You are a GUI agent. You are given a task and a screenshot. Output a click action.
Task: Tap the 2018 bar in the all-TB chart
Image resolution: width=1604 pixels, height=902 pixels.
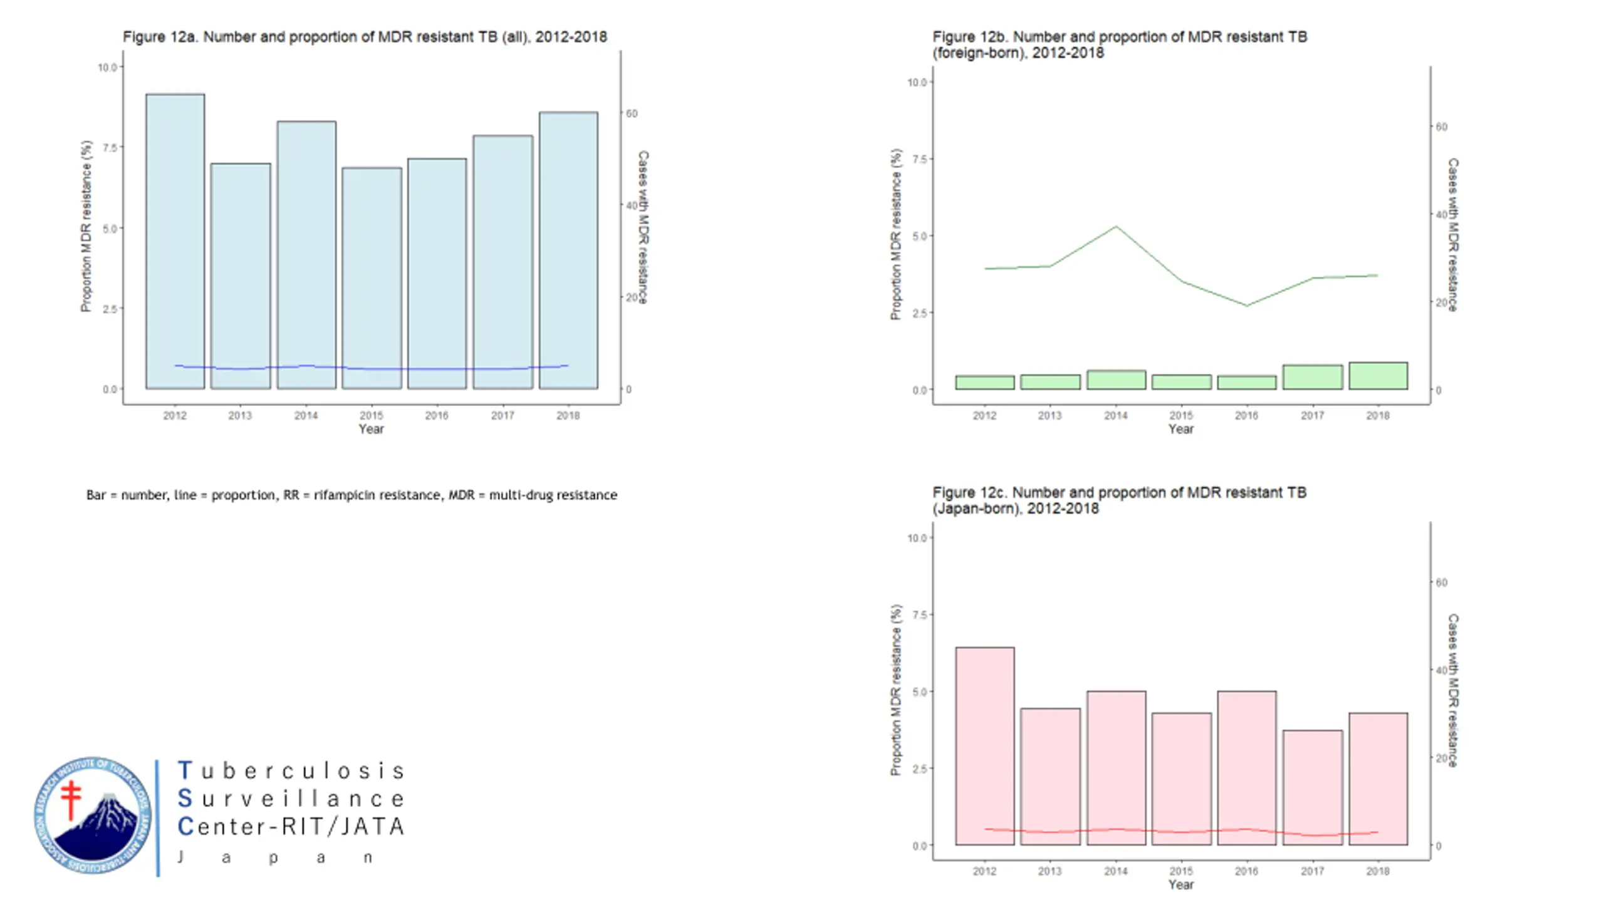568,251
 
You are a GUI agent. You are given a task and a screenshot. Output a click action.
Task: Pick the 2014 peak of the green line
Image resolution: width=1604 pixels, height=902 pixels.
1116,227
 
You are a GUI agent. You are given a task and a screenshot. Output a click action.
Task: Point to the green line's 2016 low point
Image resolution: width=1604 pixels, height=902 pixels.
1246,306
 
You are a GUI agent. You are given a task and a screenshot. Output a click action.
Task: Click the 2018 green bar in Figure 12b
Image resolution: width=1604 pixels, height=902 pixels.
1378,376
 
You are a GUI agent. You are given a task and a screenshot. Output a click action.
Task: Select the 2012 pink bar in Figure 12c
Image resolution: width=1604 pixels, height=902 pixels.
984,745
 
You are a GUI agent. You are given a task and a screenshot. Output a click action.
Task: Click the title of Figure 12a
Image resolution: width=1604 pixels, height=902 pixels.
365,37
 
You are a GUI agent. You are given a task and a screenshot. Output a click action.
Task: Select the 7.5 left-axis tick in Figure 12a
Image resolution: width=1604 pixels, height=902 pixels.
110,147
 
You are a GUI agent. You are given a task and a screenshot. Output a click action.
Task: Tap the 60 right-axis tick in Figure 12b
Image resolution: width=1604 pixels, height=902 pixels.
1441,127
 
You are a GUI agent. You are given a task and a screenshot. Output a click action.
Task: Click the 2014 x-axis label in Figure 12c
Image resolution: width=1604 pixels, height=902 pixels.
1115,871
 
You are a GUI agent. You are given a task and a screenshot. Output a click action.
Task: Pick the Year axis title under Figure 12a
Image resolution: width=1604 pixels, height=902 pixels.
371,429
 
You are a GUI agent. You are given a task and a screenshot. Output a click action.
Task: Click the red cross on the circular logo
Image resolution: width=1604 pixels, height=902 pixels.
71,799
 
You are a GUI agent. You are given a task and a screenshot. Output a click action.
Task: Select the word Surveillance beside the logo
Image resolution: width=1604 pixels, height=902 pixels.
292,799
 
